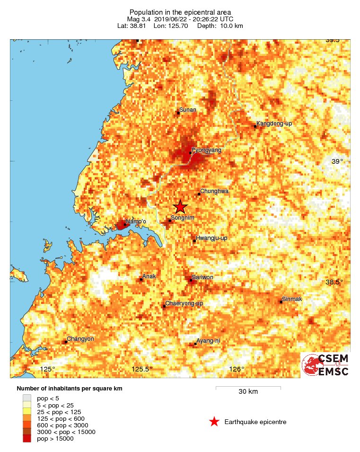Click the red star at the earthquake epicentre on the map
pos(180,207)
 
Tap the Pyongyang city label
pos(206,150)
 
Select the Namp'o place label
pos(135,222)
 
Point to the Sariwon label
pos(202,277)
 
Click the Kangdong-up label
pos(274,124)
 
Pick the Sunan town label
pos(188,110)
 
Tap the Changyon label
pos(80,339)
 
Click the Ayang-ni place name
pos(208,341)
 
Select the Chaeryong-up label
pos(184,303)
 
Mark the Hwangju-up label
pos(211,238)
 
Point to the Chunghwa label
pos(214,191)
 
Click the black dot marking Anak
pos(141,280)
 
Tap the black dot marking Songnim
pos(170,221)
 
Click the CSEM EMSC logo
pos(325,365)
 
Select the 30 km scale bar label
pos(248,392)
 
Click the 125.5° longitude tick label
pos(142,370)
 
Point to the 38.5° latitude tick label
pos(335,283)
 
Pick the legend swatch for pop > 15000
pos(27,439)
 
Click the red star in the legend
pos(214,422)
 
